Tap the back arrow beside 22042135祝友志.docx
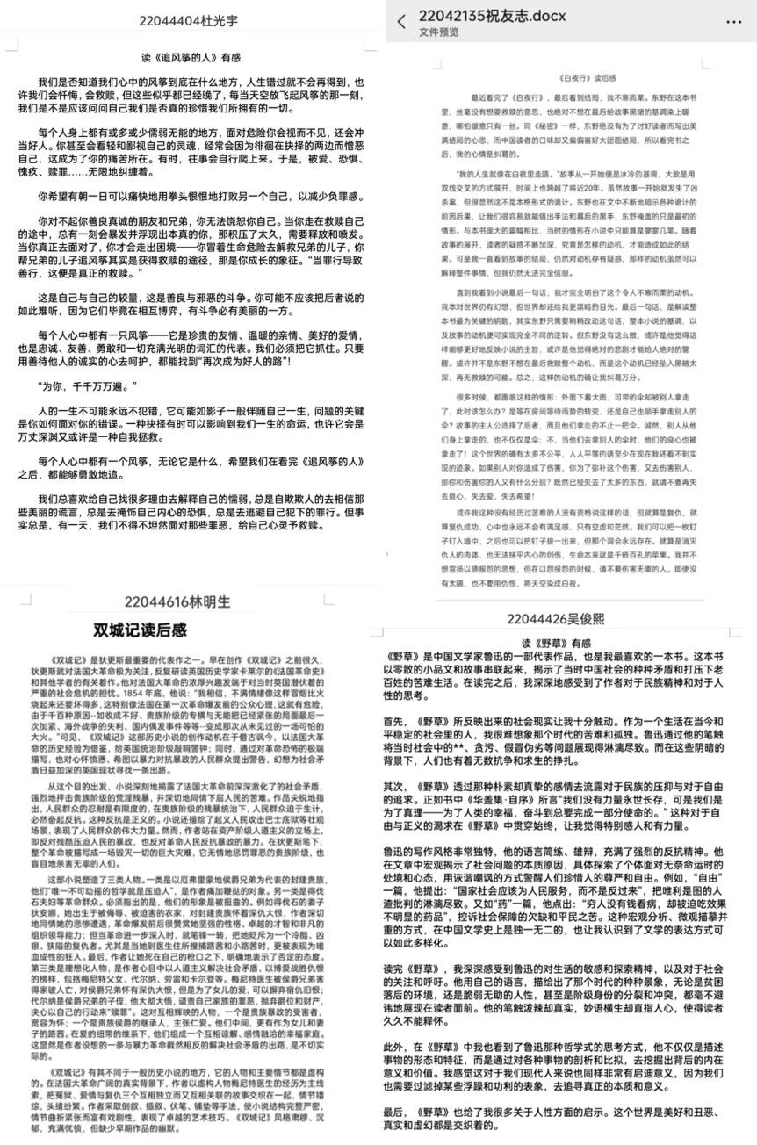[x=401, y=22]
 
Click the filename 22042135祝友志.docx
[x=493, y=17]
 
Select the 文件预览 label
[x=439, y=33]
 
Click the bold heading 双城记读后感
[x=141, y=630]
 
